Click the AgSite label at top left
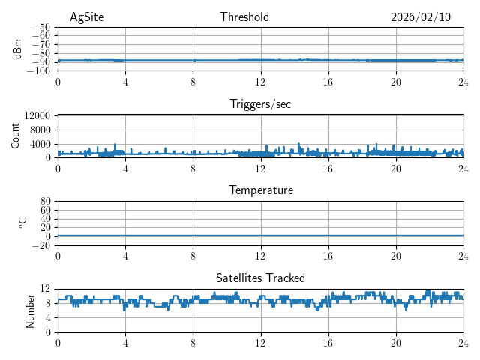tap(86, 17)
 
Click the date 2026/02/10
tap(421, 17)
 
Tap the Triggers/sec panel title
tap(260, 104)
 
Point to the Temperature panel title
tap(260, 190)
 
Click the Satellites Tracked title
tap(260, 277)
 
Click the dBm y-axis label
tap(18, 49)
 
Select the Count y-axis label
tap(15, 136)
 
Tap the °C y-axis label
tap(22, 223)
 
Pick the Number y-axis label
tap(30, 310)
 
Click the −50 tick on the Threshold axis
tap(40, 27)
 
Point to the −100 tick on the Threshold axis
tap(38, 71)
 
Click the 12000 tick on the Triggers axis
tap(37, 115)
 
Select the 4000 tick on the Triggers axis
tap(40, 144)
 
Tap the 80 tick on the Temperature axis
tap(46, 202)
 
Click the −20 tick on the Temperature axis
tap(40, 245)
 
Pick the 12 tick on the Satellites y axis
tap(46, 289)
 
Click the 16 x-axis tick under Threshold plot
tap(328, 82)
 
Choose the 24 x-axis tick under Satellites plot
tap(463, 343)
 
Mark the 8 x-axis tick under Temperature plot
tap(193, 256)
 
